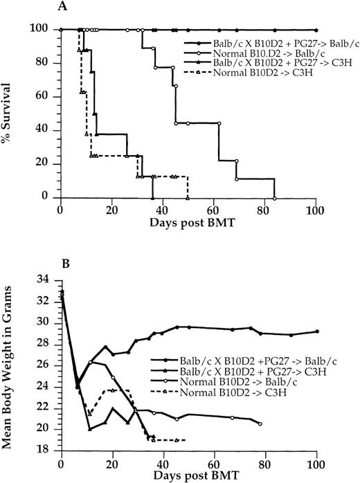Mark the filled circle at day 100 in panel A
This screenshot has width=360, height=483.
pos(316,30)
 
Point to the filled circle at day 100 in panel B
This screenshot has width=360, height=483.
pos(317,331)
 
